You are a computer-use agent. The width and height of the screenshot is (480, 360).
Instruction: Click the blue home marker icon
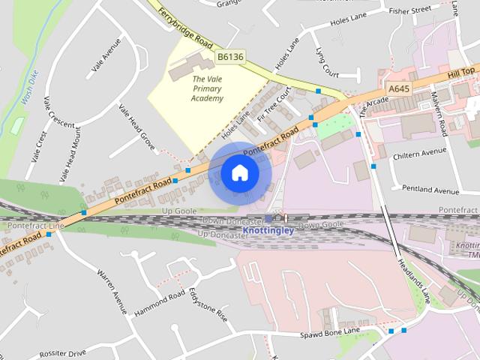[239, 173]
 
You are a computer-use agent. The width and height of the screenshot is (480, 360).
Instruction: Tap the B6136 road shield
[230, 57]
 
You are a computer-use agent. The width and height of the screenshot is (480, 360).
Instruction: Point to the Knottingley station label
[269, 229]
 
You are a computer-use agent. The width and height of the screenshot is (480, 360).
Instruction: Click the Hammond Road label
[160, 303]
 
